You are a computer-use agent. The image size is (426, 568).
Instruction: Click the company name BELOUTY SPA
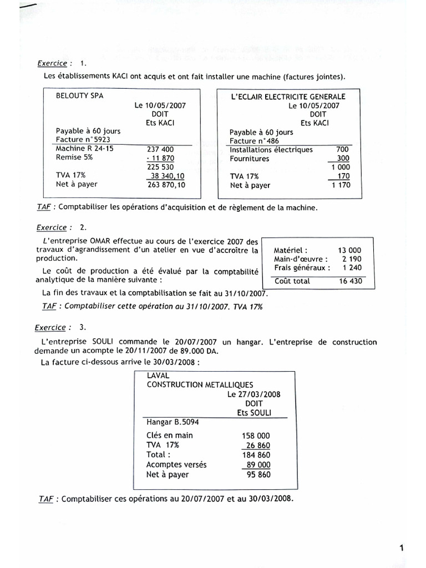[80, 95]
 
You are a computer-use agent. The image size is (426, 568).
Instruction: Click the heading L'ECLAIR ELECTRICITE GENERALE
[288, 97]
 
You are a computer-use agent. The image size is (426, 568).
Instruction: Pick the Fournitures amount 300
[343, 159]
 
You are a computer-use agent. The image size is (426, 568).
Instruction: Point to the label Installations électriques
[271, 149]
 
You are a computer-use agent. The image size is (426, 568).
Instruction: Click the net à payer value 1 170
[341, 185]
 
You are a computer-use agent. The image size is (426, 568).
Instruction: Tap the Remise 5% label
[74, 158]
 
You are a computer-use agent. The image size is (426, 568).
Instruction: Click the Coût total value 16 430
[350, 281]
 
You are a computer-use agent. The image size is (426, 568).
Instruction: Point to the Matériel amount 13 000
[349, 250]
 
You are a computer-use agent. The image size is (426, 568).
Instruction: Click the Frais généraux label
[302, 268]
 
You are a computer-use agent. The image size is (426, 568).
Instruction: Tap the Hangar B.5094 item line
[173, 422]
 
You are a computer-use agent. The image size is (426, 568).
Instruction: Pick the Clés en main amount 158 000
[256, 435]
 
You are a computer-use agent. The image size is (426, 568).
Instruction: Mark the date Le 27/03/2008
[253, 394]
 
